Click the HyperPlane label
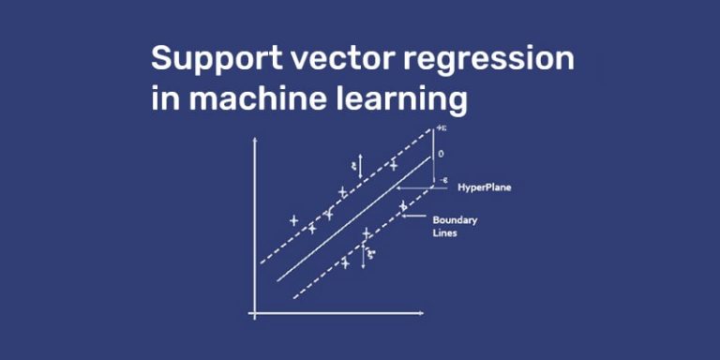point(484,187)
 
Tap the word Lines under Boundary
point(444,233)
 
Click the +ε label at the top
point(440,129)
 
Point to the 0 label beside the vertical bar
point(440,153)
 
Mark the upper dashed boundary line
point(337,197)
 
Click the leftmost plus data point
point(293,221)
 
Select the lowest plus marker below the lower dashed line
point(345,263)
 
